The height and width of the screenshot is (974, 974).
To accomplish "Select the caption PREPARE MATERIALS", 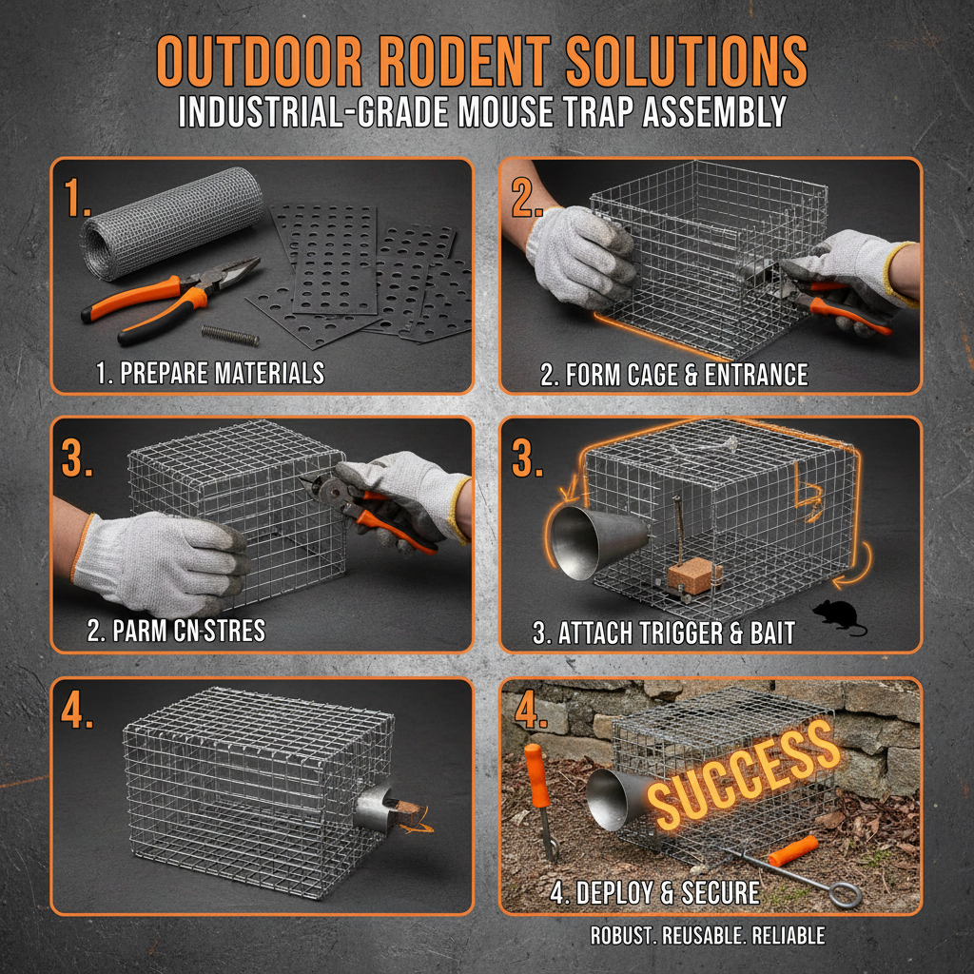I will [x=210, y=373].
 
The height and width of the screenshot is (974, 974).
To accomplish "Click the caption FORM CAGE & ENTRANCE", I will [x=674, y=375].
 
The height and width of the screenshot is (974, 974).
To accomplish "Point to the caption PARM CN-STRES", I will [x=176, y=631].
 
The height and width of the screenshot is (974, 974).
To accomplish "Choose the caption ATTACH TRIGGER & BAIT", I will [x=663, y=633].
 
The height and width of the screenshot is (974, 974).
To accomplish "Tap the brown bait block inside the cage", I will [x=694, y=576].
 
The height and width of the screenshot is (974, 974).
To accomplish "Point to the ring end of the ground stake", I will [x=847, y=895].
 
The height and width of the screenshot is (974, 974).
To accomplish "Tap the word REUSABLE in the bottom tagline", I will [x=703, y=936].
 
